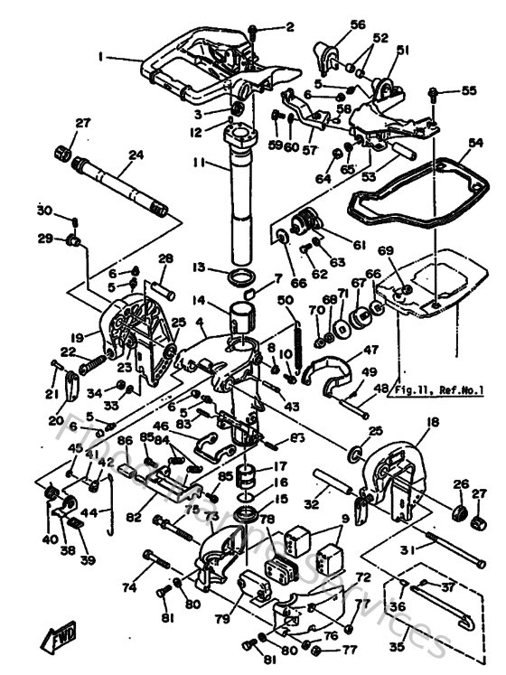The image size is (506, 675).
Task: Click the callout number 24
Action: click(x=136, y=155)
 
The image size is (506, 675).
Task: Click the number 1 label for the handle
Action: click(x=100, y=56)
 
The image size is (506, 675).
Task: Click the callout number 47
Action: click(x=370, y=350)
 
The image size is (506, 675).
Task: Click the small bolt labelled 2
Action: click(x=256, y=31)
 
